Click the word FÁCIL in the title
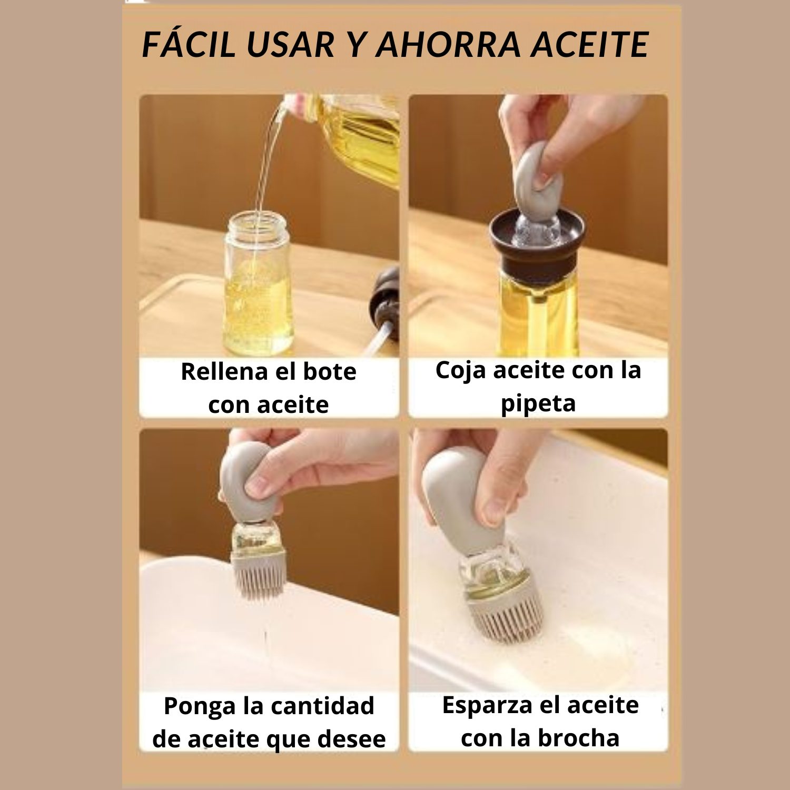click(188, 44)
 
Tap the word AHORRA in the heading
click(447, 44)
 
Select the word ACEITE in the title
click(589, 44)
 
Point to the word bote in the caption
click(330, 372)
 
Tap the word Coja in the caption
click(460, 371)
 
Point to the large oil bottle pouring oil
click(358, 137)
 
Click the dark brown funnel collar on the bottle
click(537, 248)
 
